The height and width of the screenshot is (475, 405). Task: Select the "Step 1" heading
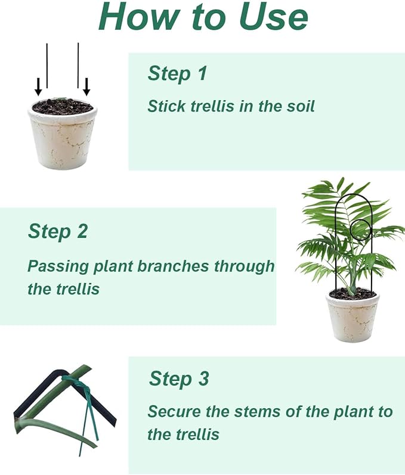click(177, 73)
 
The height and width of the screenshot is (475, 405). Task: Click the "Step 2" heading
click(58, 231)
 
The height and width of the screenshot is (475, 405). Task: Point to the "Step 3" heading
click(179, 378)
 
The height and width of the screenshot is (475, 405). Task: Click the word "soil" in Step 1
click(299, 107)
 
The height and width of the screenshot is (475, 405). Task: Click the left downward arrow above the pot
click(38, 88)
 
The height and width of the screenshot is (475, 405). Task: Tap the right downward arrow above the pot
click(86, 88)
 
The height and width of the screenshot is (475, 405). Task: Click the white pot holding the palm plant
click(354, 319)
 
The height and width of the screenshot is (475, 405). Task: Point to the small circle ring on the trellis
click(360, 229)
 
